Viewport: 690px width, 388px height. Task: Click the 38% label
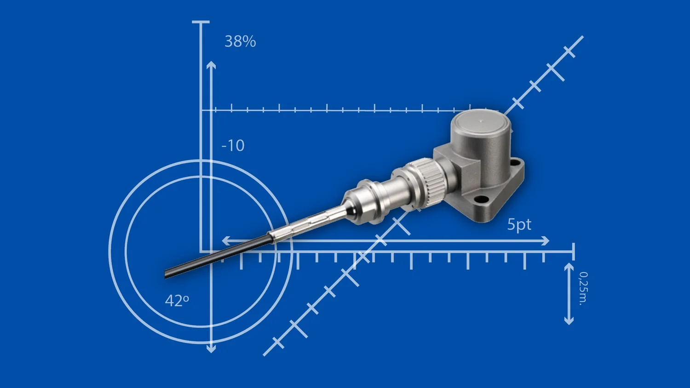tap(240, 41)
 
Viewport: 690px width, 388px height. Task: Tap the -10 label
tap(233, 146)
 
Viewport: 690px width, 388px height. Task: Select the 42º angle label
tap(177, 301)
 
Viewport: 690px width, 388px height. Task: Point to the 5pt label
tap(519, 224)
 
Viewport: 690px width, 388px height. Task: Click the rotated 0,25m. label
tap(583, 288)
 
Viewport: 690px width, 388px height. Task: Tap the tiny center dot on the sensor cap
tap(481, 122)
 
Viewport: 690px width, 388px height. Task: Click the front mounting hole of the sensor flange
tap(481, 200)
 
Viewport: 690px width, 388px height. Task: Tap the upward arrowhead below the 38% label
tap(211, 65)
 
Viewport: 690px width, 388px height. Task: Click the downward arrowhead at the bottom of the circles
tap(211, 349)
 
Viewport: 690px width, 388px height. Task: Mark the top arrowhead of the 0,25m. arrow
tap(569, 266)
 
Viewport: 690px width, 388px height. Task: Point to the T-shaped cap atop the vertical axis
tap(201, 22)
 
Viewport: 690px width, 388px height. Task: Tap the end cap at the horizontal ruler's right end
tap(574, 251)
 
